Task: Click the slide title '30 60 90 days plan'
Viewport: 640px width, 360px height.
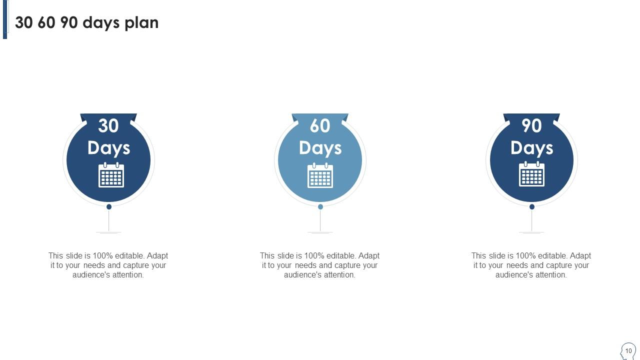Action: point(86,22)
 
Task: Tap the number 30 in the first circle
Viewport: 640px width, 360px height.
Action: point(108,126)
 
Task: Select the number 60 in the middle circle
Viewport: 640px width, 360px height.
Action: point(320,126)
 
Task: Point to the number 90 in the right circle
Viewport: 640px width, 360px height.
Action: point(531,126)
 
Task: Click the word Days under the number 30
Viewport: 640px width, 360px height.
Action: point(108,148)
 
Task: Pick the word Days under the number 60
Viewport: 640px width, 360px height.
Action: point(320,148)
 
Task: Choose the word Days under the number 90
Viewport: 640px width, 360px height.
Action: point(531,148)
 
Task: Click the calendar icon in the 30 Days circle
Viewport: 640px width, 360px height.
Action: point(111,175)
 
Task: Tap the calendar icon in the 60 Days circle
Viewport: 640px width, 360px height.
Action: point(320,175)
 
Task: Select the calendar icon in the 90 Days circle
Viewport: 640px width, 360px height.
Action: point(531,175)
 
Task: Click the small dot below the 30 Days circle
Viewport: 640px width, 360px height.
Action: point(109,206)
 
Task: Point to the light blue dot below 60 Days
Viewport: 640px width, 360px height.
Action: point(320,206)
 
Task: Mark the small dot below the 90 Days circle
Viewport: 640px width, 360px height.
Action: point(532,206)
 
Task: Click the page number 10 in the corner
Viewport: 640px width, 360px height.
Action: point(628,350)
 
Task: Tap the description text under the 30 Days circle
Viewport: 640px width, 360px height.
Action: point(108,265)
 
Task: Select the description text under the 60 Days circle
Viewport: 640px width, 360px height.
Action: point(319,265)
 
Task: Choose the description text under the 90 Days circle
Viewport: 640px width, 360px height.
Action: point(531,265)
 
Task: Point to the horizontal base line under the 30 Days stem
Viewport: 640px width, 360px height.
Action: point(108,232)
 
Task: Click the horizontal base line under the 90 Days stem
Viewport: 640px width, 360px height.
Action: point(531,232)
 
